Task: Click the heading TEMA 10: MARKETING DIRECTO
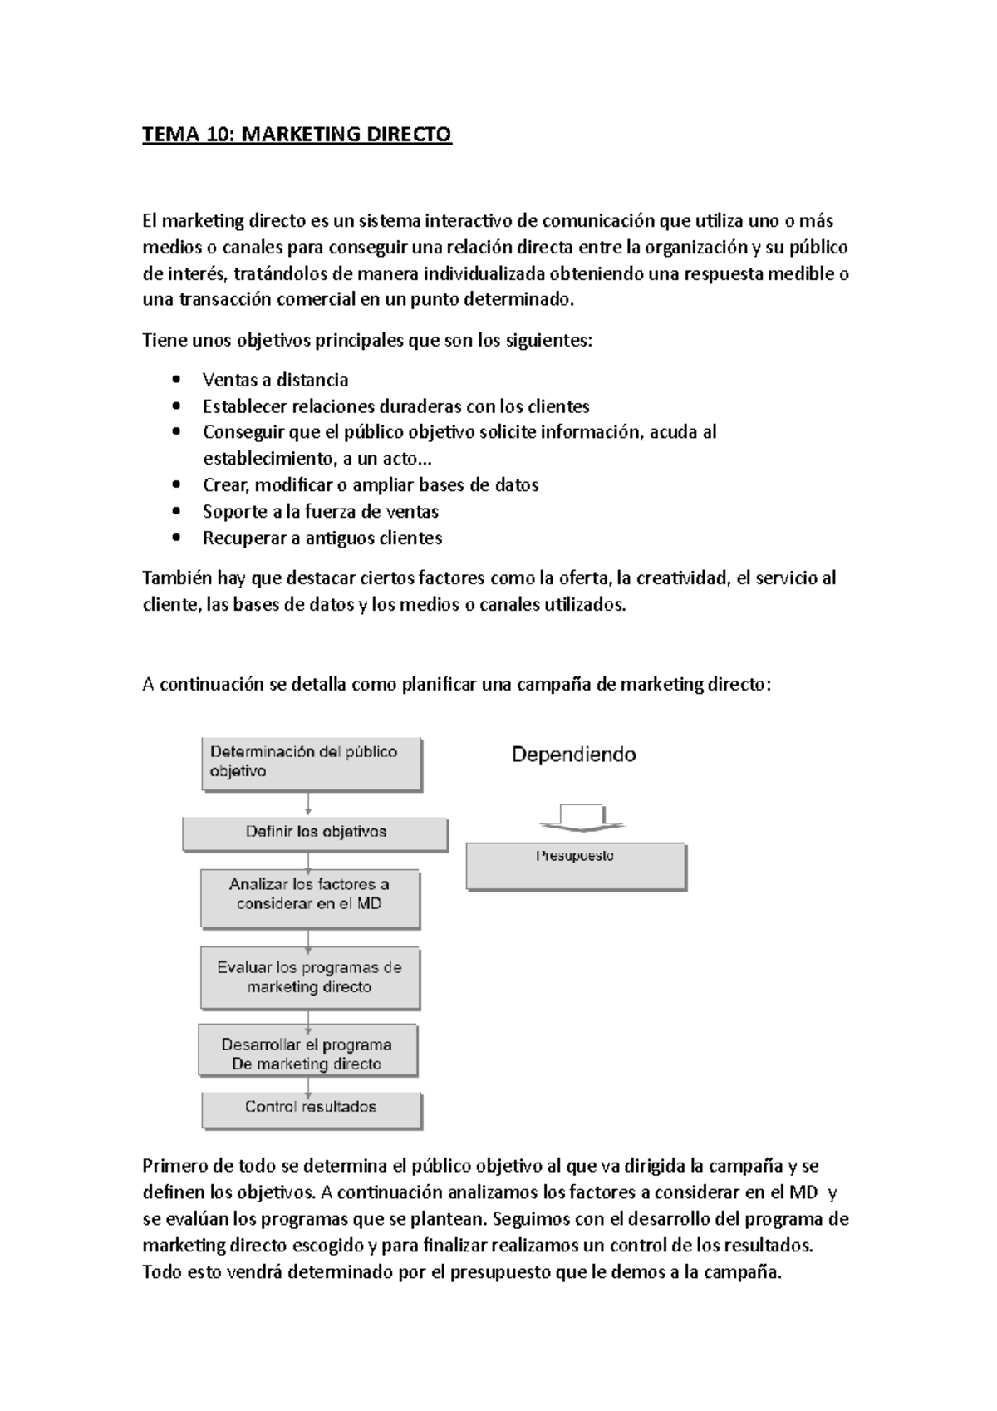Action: (297, 134)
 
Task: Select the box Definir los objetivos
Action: (315, 833)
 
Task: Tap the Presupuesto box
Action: (576, 866)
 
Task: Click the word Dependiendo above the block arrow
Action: (573, 755)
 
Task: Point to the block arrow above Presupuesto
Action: (581, 817)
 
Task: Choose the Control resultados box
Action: (311, 1109)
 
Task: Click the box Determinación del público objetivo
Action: (311, 763)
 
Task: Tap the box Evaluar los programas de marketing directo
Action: (309, 979)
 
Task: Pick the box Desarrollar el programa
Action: (307, 1052)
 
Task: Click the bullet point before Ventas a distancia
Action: (174, 381)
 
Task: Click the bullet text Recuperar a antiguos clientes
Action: (322, 538)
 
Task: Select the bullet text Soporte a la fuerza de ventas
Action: (320, 511)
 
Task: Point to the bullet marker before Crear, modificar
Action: (174, 485)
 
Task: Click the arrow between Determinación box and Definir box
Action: (308, 804)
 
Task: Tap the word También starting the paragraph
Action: (171, 578)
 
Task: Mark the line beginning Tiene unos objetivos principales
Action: (367, 340)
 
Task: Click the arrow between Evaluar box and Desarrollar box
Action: (308, 1017)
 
